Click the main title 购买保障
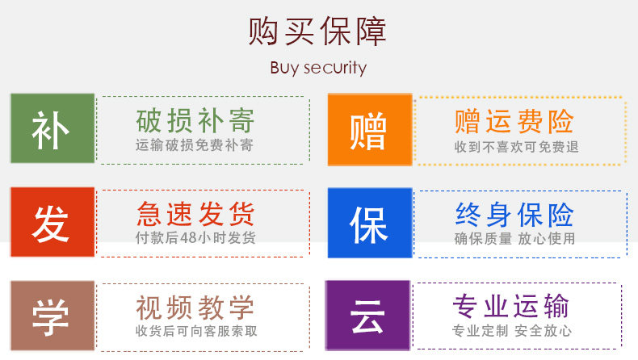(318, 31)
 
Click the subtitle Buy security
(318, 68)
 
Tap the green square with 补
(52, 129)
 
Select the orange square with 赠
(369, 130)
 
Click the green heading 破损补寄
(195, 121)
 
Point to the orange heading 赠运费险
(514, 121)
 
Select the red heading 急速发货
(195, 214)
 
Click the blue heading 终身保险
(514, 214)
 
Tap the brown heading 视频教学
(195, 307)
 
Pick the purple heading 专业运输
(511, 307)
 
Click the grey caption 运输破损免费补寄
(195, 146)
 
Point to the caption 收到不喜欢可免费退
(516, 147)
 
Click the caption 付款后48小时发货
(195, 238)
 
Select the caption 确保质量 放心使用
(514, 238)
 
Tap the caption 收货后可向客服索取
(196, 331)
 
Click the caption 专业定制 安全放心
(512, 331)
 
